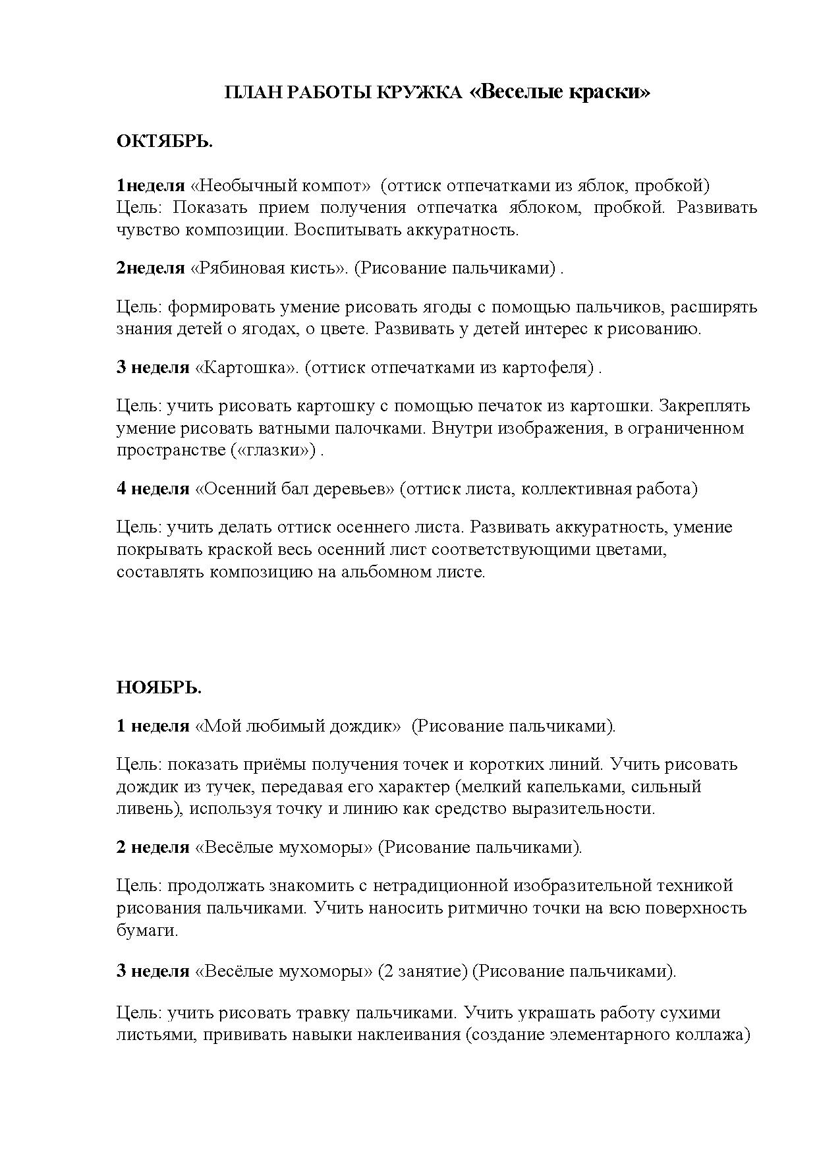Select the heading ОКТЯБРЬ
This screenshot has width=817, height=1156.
click(165, 142)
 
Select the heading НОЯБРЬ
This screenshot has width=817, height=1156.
click(159, 688)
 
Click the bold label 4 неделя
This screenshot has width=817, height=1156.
click(153, 489)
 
